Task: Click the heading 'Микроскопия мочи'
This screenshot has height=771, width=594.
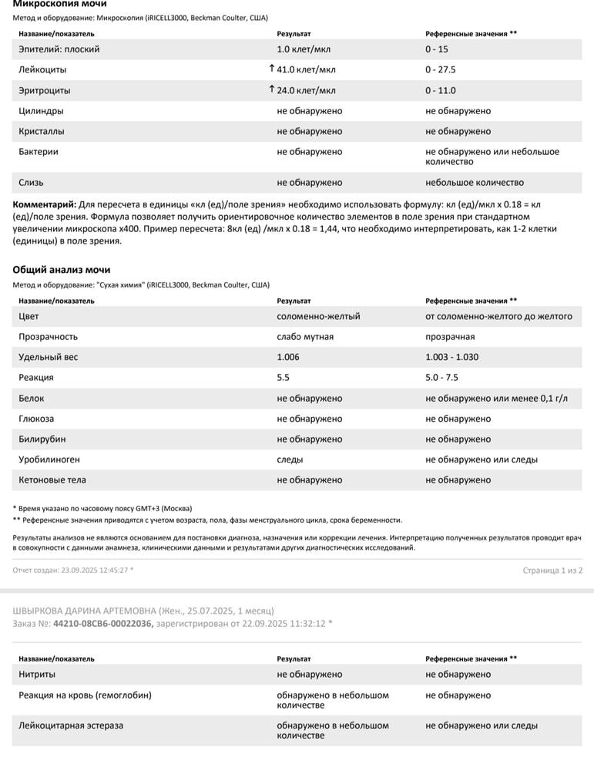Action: [x=59, y=5]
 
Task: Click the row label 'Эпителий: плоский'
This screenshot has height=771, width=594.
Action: [x=59, y=49]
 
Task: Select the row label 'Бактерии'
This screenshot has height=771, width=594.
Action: [x=39, y=152]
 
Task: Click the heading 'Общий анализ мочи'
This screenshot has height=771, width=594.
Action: [x=62, y=270]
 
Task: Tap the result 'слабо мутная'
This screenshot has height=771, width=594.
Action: [x=305, y=337]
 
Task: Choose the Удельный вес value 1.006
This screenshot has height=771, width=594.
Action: [x=288, y=358]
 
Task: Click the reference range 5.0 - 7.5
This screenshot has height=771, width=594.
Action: [x=441, y=378]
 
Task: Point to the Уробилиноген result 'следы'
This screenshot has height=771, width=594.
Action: [x=290, y=460]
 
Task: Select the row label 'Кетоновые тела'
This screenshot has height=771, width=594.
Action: [x=52, y=480]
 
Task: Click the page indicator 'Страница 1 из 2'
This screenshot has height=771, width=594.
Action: [x=552, y=571]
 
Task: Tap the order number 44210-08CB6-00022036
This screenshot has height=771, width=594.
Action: [x=103, y=623]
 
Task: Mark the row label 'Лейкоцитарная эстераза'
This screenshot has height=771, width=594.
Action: [x=71, y=726]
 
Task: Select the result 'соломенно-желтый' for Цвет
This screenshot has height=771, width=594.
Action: [x=318, y=316]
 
